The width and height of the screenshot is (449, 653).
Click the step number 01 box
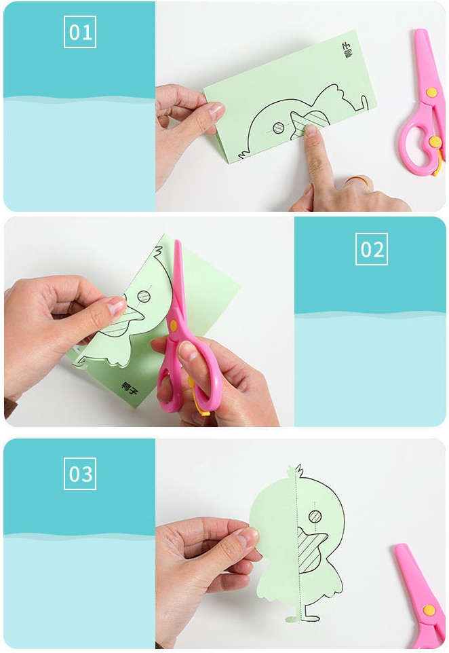click(80, 32)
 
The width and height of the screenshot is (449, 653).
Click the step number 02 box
click(372, 249)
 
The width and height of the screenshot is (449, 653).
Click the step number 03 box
click(80, 474)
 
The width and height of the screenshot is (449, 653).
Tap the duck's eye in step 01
click(279, 128)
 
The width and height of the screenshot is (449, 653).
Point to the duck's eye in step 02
click(144, 296)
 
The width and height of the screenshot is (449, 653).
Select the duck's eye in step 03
click(315, 517)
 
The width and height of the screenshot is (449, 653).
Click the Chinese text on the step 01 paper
click(345, 50)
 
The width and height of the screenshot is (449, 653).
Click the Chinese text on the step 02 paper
click(130, 388)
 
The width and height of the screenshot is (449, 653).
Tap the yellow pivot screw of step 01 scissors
click(431, 92)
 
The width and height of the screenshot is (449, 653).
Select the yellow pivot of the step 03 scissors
click(429, 610)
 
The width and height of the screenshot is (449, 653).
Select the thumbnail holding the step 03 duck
click(248, 536)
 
